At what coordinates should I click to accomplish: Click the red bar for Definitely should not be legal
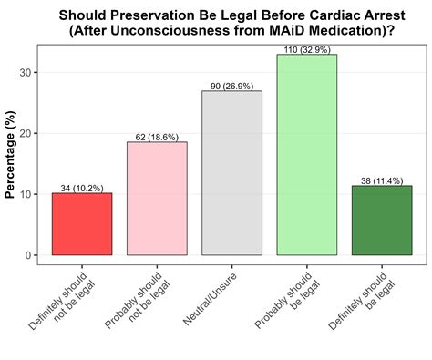coord(82,224)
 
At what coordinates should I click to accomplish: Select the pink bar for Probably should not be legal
coord(157,199)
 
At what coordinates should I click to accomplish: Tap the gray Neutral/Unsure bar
coord(231,173)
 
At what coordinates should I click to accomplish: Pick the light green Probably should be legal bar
coord(307,155)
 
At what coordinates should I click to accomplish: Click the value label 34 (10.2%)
coord(82,188)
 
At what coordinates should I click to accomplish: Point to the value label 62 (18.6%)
coord(157,137)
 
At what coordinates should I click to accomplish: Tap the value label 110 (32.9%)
coord(307,49)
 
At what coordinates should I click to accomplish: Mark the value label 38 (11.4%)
coord(382,180)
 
